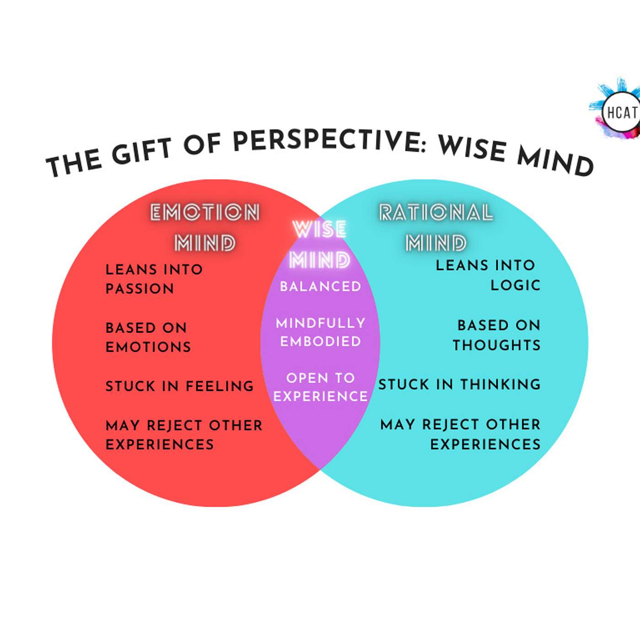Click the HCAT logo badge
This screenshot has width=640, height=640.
621,112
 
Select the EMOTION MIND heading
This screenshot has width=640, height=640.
205,228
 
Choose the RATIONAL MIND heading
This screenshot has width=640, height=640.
436,228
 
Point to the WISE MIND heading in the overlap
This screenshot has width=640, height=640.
320,245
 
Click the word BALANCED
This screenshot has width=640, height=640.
320,287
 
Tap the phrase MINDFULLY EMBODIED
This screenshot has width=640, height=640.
320,332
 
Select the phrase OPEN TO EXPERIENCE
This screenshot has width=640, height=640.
320,387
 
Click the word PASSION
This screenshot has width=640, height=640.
140,289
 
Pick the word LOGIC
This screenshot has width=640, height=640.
516,285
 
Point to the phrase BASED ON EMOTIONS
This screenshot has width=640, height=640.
148,337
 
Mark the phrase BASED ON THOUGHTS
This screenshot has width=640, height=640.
497,335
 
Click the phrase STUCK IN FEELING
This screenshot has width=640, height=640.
180,386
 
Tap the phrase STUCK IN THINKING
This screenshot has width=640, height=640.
459,384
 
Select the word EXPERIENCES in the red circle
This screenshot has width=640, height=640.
160,444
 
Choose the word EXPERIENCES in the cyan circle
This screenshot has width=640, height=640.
485,444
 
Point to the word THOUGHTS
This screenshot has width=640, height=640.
497,345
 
